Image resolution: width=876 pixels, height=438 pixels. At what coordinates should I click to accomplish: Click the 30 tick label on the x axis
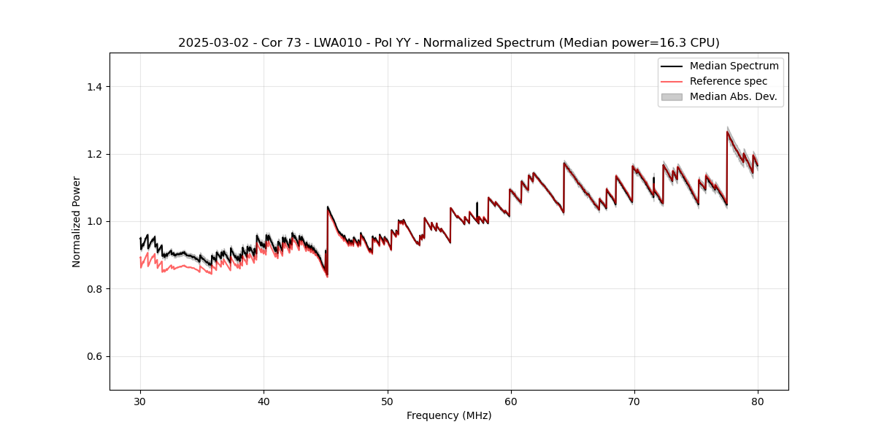coord(140,401)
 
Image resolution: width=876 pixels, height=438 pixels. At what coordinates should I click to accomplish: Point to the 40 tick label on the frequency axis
coord(264,401)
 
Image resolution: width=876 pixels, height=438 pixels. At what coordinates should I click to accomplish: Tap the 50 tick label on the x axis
coord(388,401)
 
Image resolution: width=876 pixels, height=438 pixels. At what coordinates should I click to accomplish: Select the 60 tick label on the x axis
coord(511,401)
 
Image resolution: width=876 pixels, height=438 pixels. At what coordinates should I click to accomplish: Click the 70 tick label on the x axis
coord(634,401)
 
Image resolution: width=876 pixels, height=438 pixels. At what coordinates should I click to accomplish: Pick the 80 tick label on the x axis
coord(758,401)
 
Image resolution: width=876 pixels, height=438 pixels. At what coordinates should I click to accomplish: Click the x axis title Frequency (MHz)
coord(449,416)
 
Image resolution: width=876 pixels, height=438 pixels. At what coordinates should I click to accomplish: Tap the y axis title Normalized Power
coord(77,221)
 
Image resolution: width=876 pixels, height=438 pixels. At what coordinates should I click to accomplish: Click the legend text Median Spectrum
coord(734,66)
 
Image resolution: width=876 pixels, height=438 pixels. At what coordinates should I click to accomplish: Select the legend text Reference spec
coord(729,81)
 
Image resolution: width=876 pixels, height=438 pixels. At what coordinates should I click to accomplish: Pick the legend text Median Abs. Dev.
coord(733,96)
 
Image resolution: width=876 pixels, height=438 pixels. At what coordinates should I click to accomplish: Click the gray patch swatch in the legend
coord(672,96)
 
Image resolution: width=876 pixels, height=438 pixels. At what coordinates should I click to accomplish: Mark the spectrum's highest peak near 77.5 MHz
coord(727,131)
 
